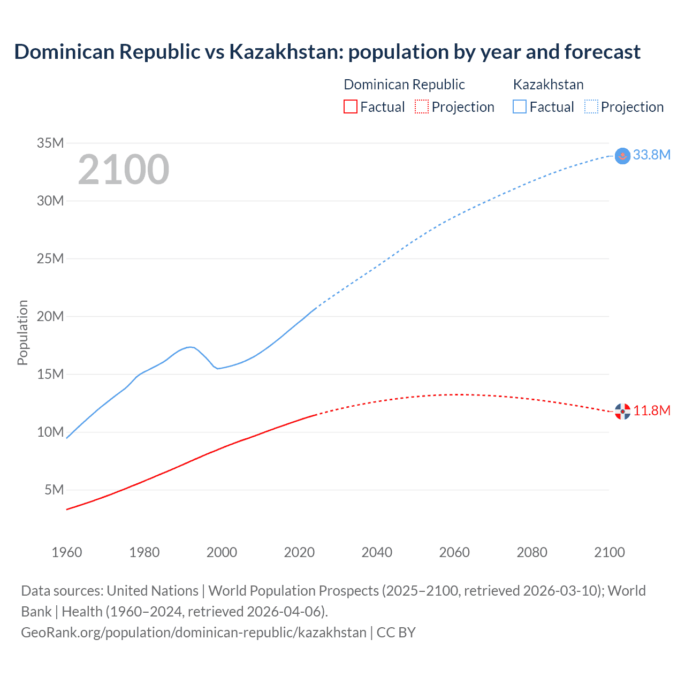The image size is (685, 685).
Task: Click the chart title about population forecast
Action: coord(327,52)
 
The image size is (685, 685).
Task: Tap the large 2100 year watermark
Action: coord(124,170)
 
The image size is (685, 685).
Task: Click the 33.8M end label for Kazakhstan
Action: coord(651,155)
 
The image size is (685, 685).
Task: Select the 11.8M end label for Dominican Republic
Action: coord(651,410)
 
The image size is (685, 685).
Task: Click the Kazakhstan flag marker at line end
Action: coord(622,156)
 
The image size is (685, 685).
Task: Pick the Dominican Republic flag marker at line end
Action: coord(622,411)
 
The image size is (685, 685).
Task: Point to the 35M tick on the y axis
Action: coord(50,143)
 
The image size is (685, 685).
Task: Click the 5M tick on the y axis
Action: coord(54,490)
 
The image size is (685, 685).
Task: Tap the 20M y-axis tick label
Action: coord(50,316)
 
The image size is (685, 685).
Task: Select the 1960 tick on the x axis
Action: coord(67,552)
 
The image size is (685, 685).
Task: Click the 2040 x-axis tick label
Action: coord(377,552)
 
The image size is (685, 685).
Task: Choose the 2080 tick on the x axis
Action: coord(532,552)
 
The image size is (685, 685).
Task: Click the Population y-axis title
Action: coord(22,332)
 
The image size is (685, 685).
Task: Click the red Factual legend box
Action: coord(350,106)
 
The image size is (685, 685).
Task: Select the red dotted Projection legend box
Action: coord(422,106)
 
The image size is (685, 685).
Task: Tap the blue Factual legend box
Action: coord(520,106)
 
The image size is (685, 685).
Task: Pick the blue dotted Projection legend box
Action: coord(591,106)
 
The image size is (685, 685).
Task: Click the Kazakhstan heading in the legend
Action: coord(548,85)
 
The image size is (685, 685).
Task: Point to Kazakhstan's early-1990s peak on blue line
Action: coord(190,347)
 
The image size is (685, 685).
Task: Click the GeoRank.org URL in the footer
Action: coord(194,632)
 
